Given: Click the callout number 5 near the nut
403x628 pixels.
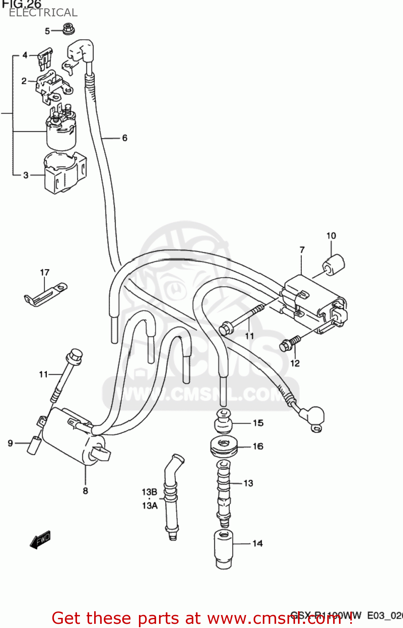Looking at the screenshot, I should (x=47, y=31).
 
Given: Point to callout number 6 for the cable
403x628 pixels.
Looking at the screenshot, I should (x=125, y=138).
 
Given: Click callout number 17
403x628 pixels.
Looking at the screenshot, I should (x=45, y=273).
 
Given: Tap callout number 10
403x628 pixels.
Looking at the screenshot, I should (x=331, y=236).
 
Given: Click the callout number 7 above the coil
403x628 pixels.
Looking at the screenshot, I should (x=302, y=250).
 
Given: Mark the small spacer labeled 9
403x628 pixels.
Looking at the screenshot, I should (x=34, y=445).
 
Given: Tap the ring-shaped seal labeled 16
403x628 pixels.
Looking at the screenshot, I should (x=224, y=447).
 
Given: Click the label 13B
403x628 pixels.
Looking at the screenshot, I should (x=149, y=492).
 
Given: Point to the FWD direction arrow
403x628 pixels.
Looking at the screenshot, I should (x=40, y=540).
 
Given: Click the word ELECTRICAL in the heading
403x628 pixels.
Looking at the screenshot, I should (x=43, y=13).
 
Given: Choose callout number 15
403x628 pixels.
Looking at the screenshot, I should (x=258, y=423).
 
